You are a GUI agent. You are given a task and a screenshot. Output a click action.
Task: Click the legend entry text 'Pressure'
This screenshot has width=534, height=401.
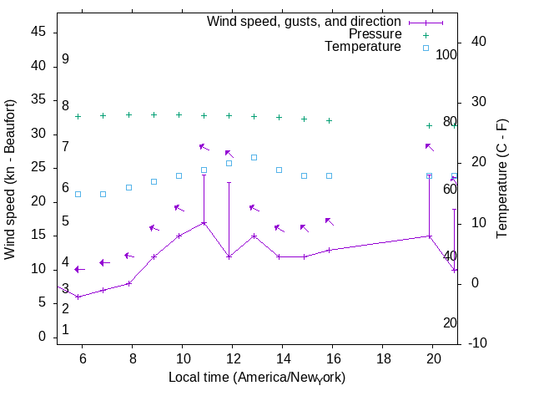375,34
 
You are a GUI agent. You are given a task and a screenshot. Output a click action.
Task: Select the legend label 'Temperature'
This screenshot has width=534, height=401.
363,48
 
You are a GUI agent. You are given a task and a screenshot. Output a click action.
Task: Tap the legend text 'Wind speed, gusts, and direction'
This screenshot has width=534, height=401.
304,21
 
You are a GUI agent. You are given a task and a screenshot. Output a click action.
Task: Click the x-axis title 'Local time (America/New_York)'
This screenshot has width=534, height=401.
257,378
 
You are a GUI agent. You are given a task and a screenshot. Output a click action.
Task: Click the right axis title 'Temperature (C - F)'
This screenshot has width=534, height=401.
502,178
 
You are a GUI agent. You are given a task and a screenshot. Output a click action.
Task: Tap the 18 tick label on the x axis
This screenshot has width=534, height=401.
384,358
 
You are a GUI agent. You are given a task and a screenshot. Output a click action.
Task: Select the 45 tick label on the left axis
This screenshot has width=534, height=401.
37,32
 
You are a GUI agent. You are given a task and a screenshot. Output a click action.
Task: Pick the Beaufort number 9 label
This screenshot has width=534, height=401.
65,60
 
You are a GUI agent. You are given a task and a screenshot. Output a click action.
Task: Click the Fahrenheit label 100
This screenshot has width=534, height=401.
446,55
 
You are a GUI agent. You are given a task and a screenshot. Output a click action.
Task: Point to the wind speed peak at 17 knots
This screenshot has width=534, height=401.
204,222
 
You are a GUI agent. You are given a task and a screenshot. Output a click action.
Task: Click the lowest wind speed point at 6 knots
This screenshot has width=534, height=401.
78,297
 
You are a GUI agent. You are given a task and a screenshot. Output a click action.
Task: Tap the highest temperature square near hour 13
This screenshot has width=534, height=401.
254,157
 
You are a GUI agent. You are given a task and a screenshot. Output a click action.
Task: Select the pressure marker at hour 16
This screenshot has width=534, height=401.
330,120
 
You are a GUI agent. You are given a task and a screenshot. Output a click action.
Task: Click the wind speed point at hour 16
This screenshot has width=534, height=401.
330,250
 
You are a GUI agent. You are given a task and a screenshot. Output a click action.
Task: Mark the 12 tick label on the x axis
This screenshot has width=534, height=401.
233,358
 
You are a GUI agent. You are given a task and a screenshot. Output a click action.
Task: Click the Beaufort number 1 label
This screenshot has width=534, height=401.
65,330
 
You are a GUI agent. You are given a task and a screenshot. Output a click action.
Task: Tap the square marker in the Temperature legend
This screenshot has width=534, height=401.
426,48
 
